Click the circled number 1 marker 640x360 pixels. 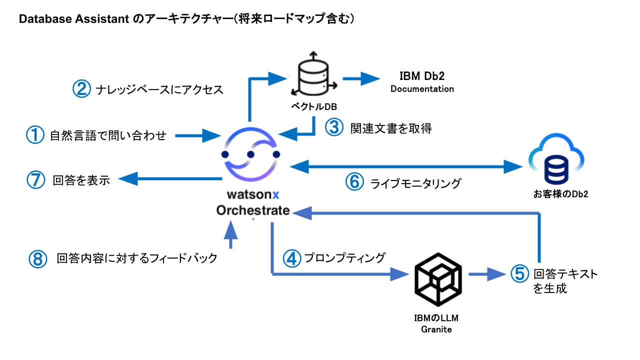(x=35, y=134)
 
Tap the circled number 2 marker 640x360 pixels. (x=81, y=89)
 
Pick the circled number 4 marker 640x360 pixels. (x=292, y=258)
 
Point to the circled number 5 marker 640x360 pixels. (x=520, y=273)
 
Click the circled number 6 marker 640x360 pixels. (x=354, y=182)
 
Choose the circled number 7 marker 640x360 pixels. (x=35, y=180)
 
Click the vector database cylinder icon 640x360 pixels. (x=313, y=75)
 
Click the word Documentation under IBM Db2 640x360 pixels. (x=422, y=89)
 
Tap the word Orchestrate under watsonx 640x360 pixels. (x=253, y=210)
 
